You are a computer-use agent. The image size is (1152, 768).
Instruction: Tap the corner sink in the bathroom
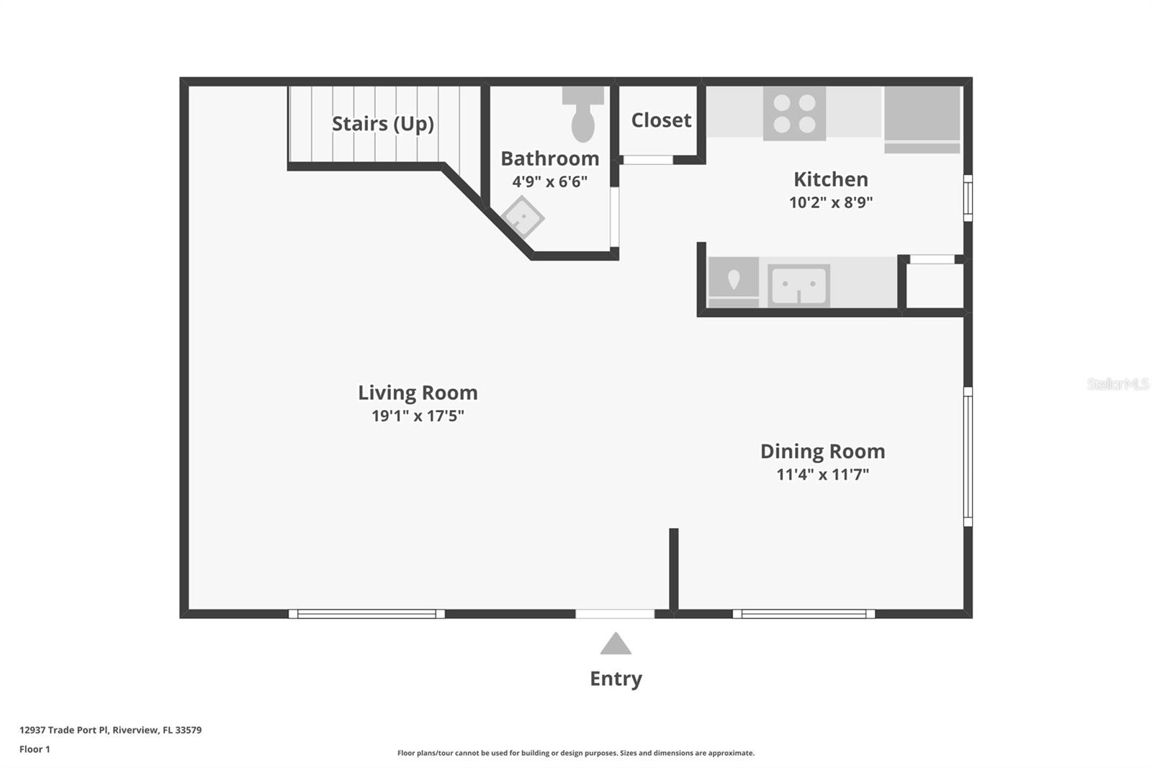point(522,218)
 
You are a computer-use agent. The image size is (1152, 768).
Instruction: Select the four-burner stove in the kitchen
point(794,114)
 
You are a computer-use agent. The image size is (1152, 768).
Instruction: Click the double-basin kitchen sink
point(798,285)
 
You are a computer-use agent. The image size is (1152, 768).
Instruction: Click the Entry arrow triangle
point(616,644)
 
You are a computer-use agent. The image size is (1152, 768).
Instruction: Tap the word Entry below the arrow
point(616,679)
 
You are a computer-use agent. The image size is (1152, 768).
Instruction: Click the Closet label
point(661,120)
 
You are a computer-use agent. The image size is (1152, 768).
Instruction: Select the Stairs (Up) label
point(382,124)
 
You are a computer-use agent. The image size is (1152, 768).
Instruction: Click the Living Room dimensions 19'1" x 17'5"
point(418,416)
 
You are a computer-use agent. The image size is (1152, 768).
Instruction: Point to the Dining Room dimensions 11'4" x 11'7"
point(822,475)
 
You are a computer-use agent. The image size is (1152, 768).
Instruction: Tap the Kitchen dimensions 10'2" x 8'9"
point(831,202)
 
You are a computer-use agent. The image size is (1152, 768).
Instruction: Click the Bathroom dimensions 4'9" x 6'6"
point(549,182)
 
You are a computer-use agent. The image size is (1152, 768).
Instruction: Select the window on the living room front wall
point(366,614)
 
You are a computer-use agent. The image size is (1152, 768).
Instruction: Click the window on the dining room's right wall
point(968,457)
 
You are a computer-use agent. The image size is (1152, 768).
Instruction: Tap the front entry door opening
point(614,614)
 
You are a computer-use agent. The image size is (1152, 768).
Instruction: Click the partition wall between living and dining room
point(674,569)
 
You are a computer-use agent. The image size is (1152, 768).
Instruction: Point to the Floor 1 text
point(35,749)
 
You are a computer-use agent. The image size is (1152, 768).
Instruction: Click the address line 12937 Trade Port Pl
point(110,730)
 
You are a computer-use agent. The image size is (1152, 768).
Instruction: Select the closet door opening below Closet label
point(647,160)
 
